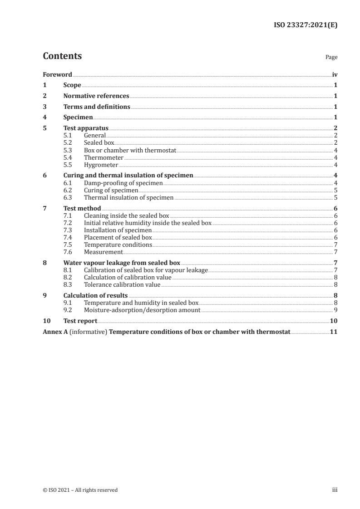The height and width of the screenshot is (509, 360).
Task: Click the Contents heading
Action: [x=62, y=56]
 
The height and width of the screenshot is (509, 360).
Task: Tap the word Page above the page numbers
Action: [x=331, y=58]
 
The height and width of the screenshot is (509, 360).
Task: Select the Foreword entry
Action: [x=57, y=74]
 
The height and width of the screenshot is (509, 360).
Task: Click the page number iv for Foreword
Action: [x=335, y=74]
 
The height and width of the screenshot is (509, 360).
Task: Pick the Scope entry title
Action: [x=72, y=85]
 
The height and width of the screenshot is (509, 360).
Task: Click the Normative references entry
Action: [x=96, y=96]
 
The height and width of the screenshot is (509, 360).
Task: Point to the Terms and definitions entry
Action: [x=97, y=107]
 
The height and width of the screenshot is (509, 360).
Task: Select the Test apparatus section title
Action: [x=86, y=128]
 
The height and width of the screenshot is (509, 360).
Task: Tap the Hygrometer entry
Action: [x=101, y=165]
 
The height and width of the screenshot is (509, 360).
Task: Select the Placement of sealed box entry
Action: [x=118, y=237]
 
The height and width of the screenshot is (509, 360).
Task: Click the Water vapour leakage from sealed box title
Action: [x=122, y=263]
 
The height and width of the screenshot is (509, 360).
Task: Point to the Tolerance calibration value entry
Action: [x=122, y=284]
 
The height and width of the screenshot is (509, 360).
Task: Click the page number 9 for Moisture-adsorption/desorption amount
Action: [x=335, y=310]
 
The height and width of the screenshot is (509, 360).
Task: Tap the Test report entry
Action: [x=80, y=321]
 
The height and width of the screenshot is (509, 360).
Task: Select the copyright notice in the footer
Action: [x=80, y=490]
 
